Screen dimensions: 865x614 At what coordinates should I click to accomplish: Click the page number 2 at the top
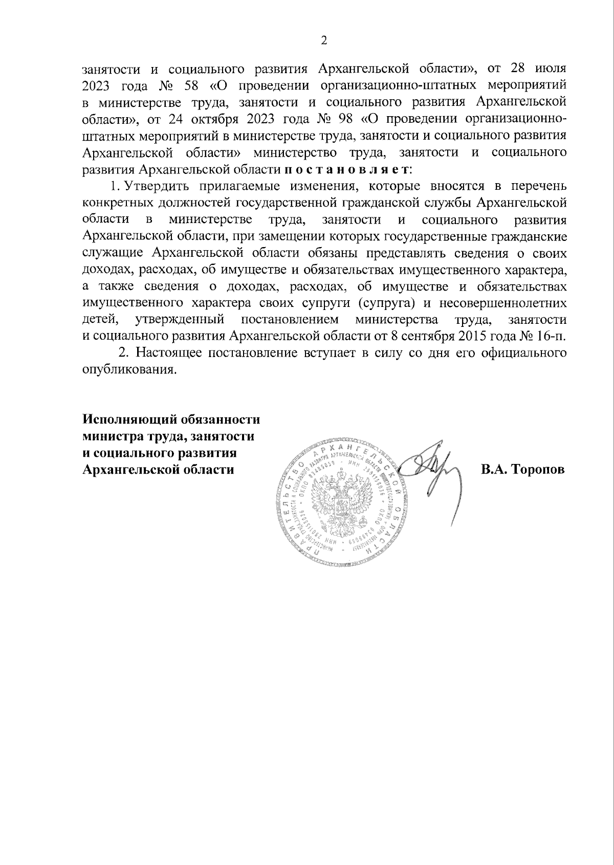click(323, 41)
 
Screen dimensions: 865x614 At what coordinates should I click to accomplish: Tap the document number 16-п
click(551, 337)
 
